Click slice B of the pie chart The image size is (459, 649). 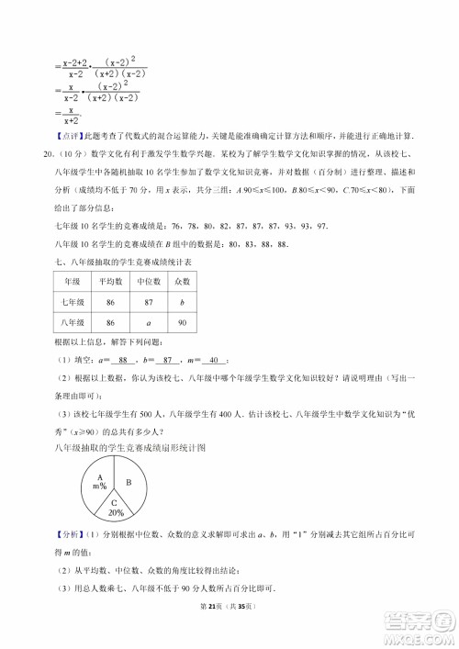coord(129,482)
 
